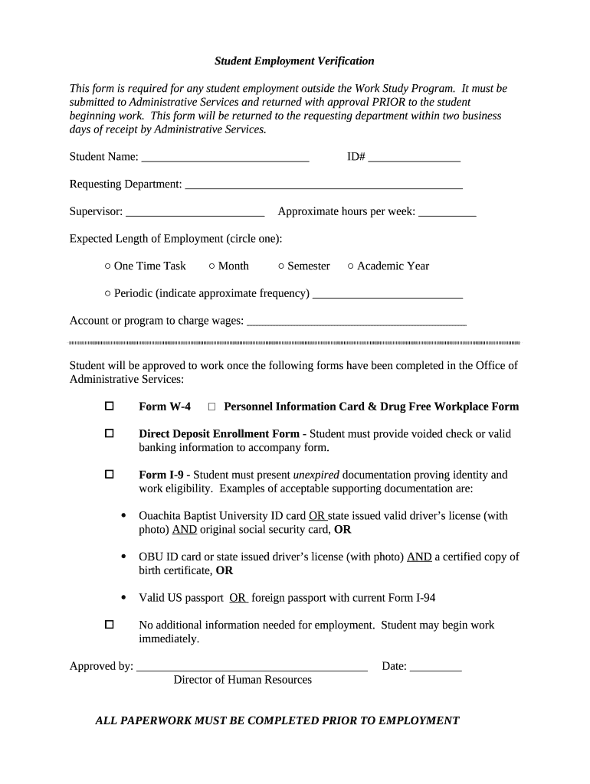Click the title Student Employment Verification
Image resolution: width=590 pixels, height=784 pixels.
click(294, 60)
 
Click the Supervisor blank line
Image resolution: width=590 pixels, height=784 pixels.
click(195, 212)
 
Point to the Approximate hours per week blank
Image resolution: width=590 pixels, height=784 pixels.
click(447, 212)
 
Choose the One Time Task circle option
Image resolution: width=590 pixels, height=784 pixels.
click(108, 266)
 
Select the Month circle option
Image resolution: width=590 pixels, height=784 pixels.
click(212, 266)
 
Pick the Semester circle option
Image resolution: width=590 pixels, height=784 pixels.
click(281, 266)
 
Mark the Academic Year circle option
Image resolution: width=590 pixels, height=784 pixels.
click(351, 266)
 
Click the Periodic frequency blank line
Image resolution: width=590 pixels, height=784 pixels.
click(388, 294)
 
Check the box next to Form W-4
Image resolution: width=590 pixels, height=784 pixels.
click(109, 406)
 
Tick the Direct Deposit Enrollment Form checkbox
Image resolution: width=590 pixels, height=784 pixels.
click(109, 433)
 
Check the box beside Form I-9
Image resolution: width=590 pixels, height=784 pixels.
click(109, 475)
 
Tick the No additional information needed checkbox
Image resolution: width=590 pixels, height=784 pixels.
click(109, 625)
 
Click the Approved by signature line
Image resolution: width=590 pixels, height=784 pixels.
click(252, 667)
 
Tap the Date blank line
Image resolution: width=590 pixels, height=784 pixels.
click(435, 667)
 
